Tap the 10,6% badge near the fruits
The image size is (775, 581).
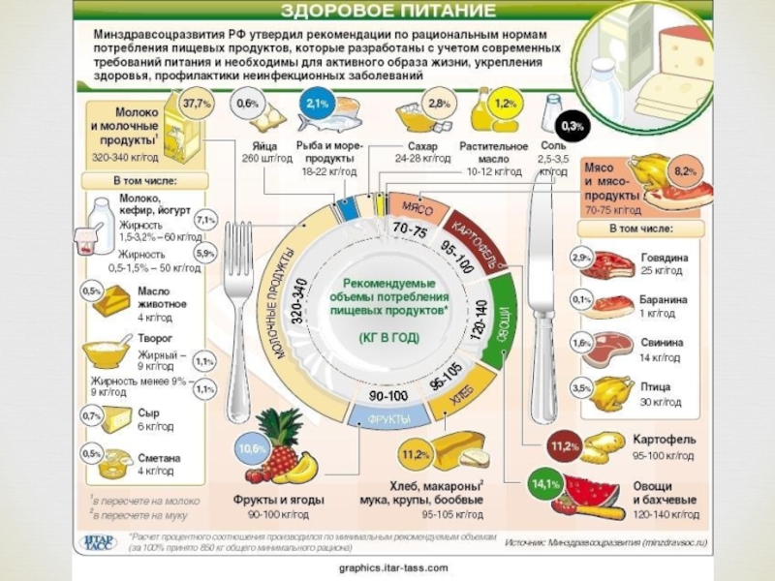(x=253, y=449)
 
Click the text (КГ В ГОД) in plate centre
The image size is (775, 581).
(x=388, y=338)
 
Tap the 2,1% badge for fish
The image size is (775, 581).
(x=315, y=102)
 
